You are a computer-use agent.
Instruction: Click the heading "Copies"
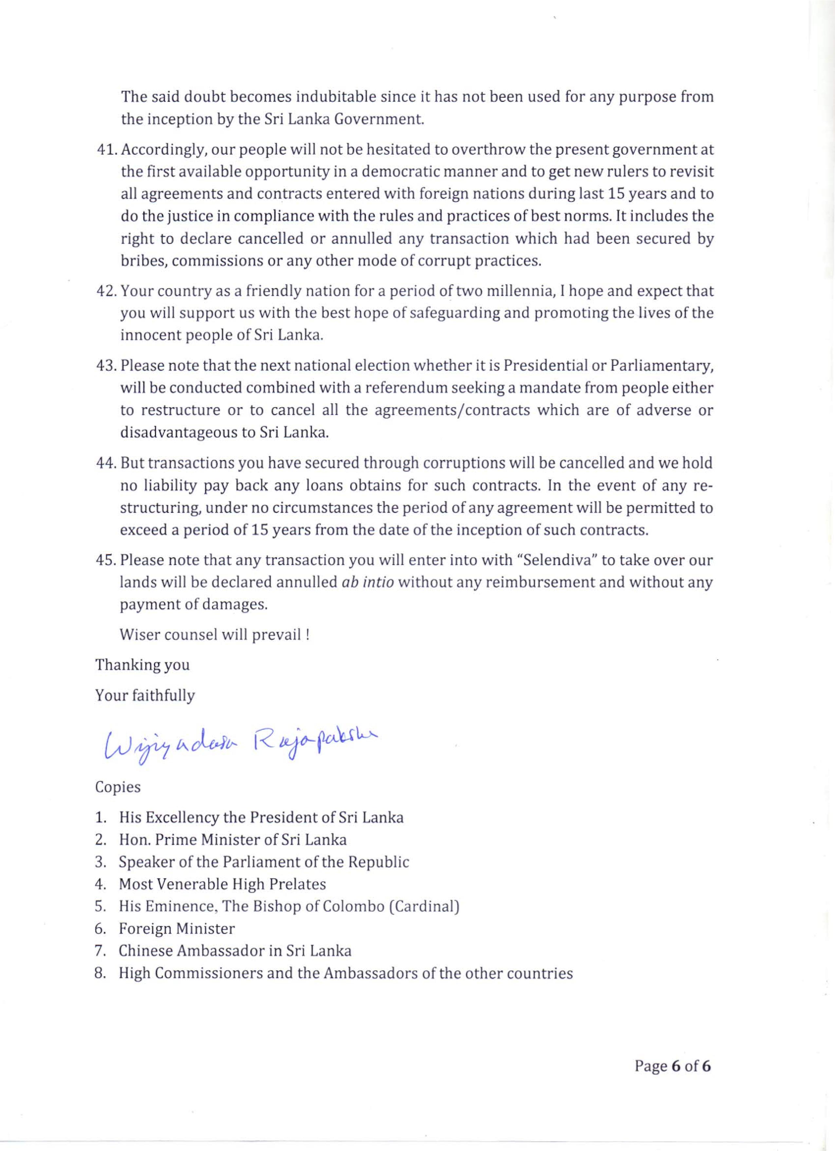coord(118,787)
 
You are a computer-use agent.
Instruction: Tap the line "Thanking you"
coord(142,665)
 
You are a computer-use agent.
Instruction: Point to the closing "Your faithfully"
coord(145,695)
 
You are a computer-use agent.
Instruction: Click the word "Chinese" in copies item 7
coord(145,950)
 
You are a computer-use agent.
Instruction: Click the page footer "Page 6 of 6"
coord(672,1066)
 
